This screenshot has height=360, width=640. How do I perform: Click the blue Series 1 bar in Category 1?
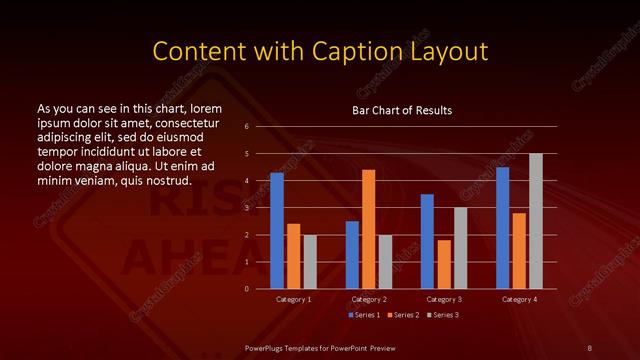click(277, 231)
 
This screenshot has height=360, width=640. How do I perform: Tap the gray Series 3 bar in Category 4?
click(535, 221)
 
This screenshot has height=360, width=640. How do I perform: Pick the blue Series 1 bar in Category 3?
click(427, 241)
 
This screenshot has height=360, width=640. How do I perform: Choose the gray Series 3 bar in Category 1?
click(310, 262)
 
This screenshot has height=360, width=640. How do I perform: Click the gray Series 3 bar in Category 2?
click(385, 262)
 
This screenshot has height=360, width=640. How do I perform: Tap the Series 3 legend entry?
click(444, 315)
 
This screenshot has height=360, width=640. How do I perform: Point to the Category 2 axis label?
click(368, 299)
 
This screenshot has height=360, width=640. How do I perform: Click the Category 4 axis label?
click(518, 299)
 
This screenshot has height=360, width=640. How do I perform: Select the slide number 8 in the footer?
click(589, 347)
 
